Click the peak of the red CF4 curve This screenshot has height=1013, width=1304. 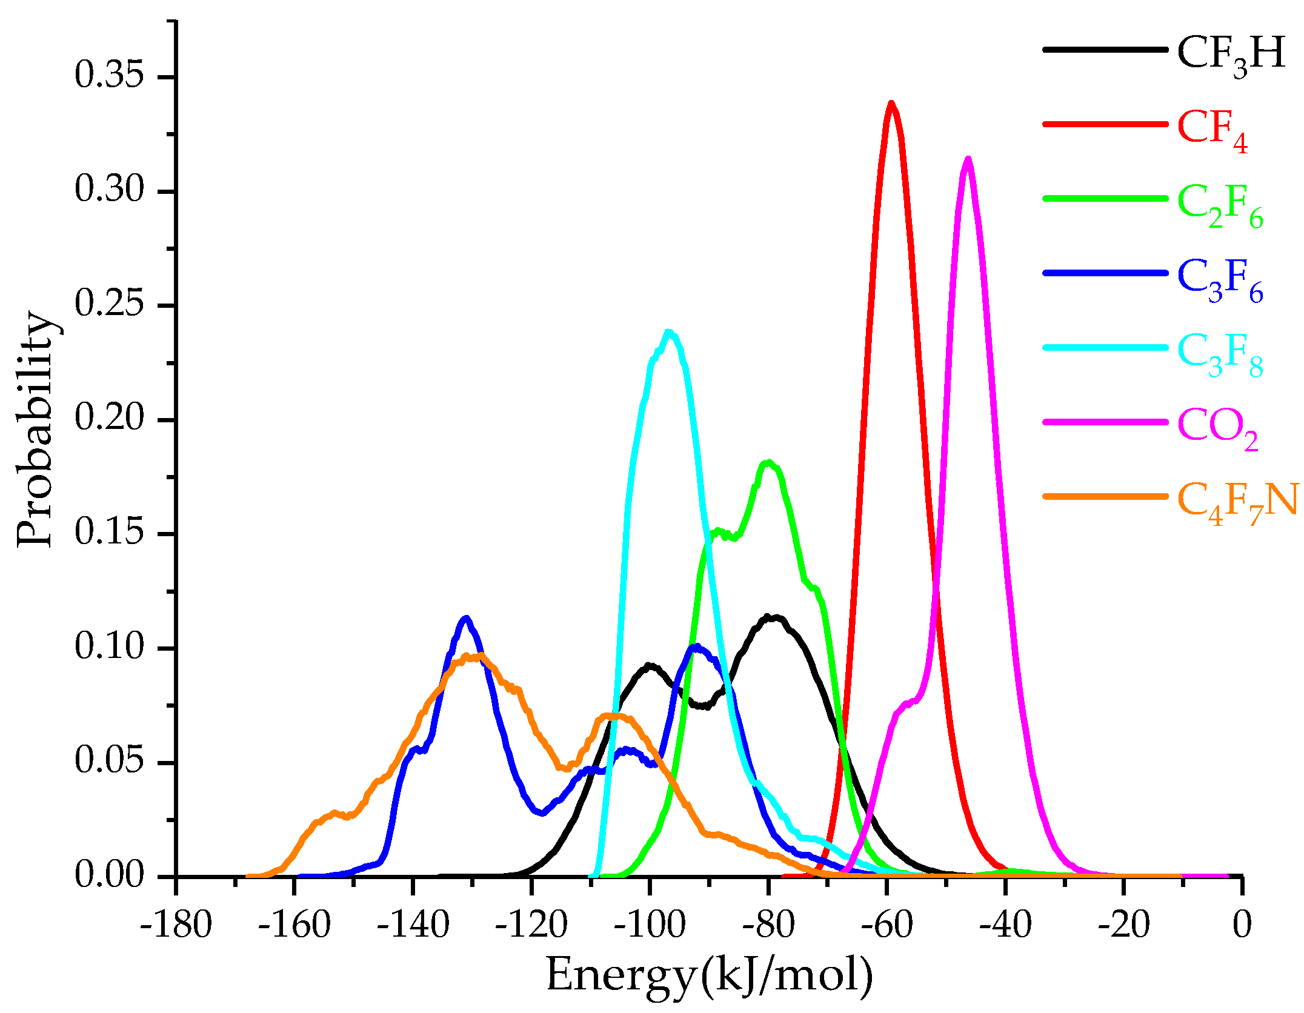coord(891,103)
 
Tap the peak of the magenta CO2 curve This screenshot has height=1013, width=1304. coord(968,159)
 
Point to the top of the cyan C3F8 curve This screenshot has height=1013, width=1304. coord(669,332)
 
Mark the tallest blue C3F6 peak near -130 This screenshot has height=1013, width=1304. coord(465,619)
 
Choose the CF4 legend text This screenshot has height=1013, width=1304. coord(1212,129)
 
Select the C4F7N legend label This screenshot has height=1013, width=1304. coord(1236,502)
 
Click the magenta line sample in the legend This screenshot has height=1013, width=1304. coord(1105,421)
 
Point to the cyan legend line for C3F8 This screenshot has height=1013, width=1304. coord(1105,347)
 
